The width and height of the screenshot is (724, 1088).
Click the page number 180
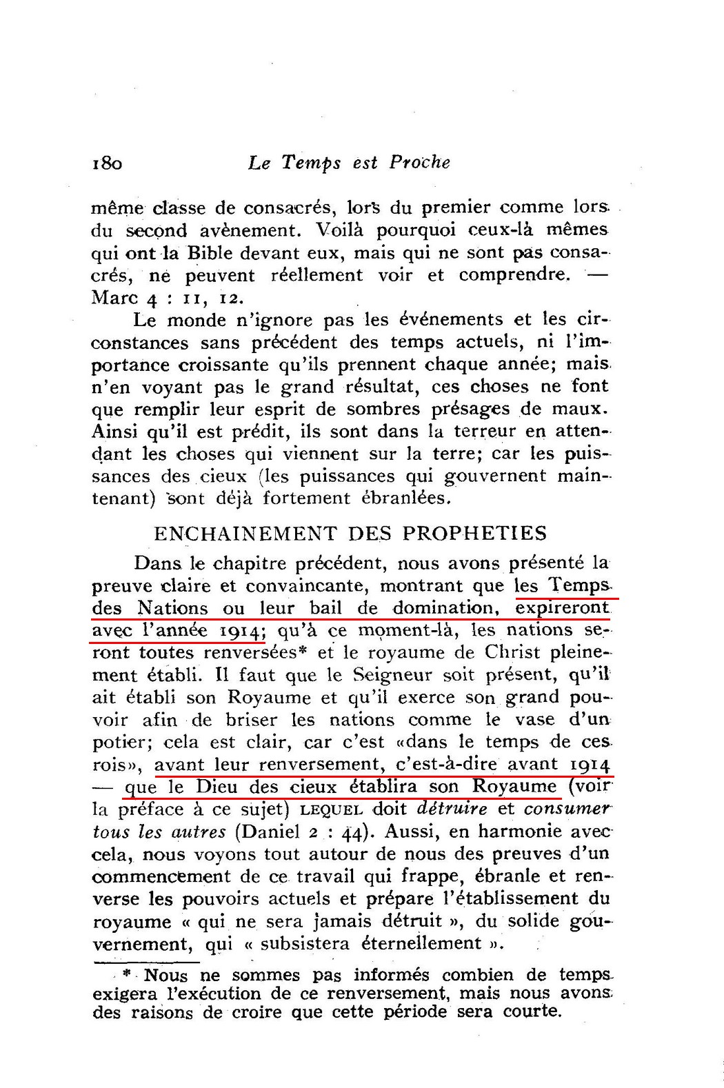point(107,163)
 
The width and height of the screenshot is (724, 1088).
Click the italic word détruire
point(452,809)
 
